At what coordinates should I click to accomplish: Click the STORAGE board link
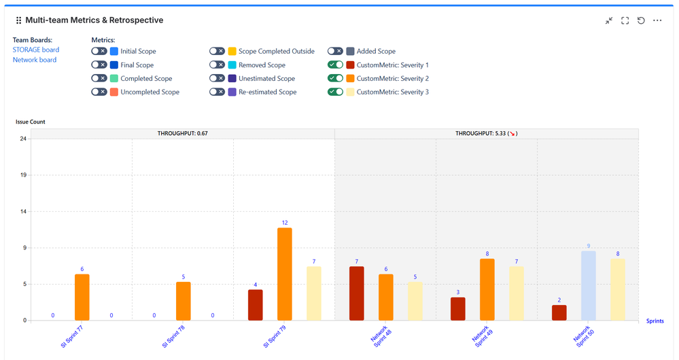36,50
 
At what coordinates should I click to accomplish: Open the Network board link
35,60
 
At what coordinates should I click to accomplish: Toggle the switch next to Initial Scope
99,51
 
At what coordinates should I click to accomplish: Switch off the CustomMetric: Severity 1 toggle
335,65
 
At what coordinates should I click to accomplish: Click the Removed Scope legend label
262,65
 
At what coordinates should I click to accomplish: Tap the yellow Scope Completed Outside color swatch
232,51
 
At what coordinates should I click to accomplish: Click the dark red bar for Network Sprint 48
357,293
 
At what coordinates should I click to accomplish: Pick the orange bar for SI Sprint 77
82,297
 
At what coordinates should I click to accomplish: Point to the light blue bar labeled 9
589,285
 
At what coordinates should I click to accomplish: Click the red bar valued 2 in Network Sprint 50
559,312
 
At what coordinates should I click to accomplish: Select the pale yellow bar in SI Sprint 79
314,293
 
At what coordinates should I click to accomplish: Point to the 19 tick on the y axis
23,175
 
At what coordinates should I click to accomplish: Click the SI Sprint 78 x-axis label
173,336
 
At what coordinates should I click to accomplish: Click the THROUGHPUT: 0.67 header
182,134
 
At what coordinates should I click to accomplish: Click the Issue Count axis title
31,122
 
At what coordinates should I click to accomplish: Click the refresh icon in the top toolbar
641,21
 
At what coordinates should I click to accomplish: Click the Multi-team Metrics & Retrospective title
94,20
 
